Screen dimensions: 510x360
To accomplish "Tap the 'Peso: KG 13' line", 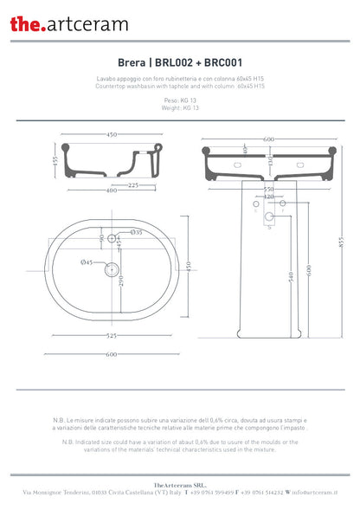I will coord(180,100).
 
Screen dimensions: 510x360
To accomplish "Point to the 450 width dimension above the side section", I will coord(112,135).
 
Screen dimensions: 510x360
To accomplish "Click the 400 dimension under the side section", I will coord(112,190).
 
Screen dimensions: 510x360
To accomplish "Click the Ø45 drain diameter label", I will coord(87,261).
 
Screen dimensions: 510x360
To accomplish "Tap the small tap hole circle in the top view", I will coord(111,239).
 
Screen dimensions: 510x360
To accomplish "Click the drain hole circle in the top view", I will coord(111,270).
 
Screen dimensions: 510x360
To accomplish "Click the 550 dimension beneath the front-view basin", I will coord(268,189).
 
